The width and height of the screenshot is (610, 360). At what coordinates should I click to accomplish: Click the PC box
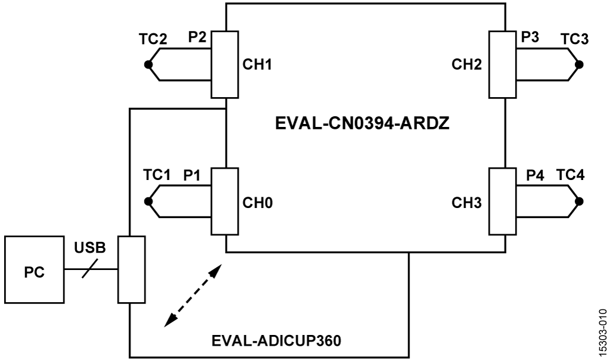tap(33, 272)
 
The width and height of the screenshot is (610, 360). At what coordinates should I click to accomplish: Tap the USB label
tap(90, 247)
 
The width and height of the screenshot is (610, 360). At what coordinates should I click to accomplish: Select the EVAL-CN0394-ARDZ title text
tap(364, 127)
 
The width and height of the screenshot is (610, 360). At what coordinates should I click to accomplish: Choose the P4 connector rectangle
tap(502, 201)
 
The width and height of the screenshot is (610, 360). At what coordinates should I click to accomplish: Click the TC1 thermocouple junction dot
tap(148, 202)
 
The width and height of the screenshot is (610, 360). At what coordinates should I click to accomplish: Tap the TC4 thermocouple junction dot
tap(580, 202)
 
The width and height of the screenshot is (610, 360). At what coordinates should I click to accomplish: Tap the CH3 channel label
tap(466, 202)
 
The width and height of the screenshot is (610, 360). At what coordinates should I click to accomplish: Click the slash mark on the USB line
tap(91, 271)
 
